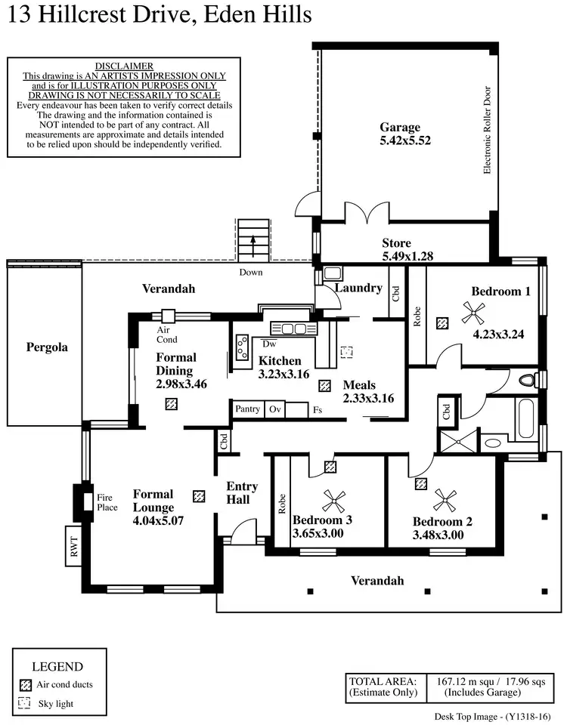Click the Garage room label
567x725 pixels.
click(x=400, y=127)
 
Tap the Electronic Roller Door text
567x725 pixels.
click(x=488, y=130)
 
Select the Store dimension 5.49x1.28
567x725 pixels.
click(x=407, y=256)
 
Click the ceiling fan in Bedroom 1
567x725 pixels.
click(x=473, y=309)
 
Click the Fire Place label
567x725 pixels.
click(x=105, y=503)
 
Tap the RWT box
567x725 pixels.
click(x=74, y=546)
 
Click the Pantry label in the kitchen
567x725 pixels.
click(x=247, y=409)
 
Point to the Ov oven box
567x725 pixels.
click(x=275, y=409)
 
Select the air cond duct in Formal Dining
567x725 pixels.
click(x=172, y=403)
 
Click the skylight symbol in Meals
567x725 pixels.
click(x=346, y=352)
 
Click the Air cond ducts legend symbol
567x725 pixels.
click(x=25, y=684)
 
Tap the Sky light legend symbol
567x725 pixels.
click(x=25, y=703)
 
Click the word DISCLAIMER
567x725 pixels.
click(x=125, y=66)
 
